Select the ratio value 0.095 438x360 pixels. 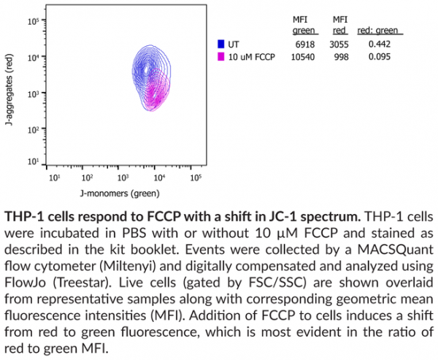click(378, 57)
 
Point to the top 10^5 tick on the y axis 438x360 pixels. click(33, 22)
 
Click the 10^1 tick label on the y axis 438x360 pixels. click(33, 161)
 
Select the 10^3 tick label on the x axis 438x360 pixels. click(123, 177)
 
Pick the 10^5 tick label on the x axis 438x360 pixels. click(195, 177)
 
